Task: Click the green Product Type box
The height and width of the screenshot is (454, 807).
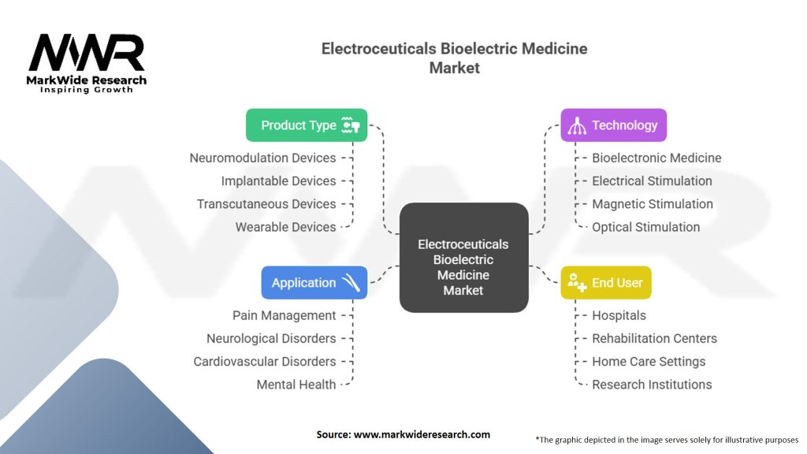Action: (307, 125)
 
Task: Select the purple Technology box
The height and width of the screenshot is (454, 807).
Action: (614, 125)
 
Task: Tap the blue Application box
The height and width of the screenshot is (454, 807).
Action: (314, 283)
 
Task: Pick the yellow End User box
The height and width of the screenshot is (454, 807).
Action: (606, 283)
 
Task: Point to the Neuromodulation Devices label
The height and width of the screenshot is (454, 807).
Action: (262, 158)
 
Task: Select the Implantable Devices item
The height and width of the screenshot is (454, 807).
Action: (278, 180)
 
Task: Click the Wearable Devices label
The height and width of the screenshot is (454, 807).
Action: (285, 227)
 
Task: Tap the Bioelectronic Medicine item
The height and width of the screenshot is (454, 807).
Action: (656, 158)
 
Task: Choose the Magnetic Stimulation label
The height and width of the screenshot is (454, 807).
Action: (653, 204)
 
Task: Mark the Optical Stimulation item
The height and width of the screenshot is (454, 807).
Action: (645, 227)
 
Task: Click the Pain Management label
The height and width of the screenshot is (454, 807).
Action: (284, 315)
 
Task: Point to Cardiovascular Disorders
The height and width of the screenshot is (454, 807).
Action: (265, 362)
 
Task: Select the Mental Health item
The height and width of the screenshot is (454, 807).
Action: (296, 385)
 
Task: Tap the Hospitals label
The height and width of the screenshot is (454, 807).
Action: (619, 315)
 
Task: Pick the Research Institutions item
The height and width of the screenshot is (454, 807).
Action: (652, 385)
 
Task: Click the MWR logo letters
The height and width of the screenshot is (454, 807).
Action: (87, 54)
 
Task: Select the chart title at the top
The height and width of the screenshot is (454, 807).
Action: (454, 58)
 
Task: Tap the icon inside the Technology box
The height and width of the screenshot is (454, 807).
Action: (577, 125)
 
